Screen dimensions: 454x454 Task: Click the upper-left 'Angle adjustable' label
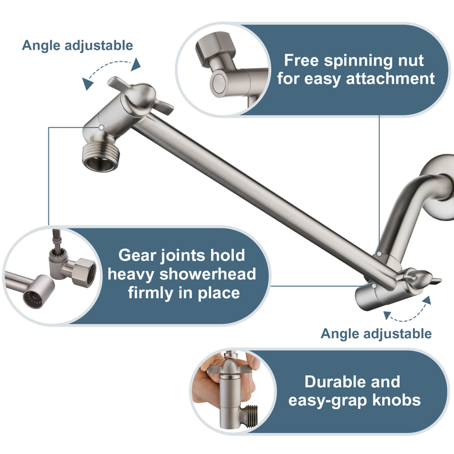(x=78, y=45)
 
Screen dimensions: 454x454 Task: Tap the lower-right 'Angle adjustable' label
(x=376, y=334)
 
